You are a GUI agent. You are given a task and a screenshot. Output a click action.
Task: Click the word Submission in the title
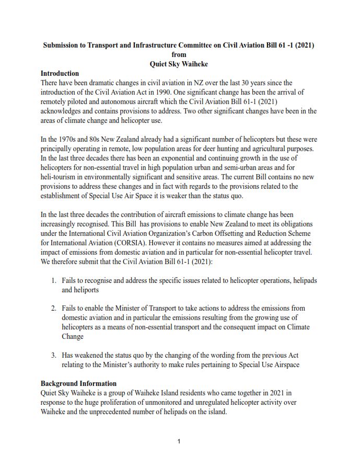pos(62,45)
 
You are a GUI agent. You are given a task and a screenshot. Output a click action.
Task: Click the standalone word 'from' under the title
pos(179,54)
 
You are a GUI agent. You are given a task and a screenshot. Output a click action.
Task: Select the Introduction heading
pos(60,73)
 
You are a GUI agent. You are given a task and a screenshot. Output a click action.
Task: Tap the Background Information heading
pos(78,383)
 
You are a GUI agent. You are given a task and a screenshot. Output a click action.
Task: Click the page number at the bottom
pos(179,441)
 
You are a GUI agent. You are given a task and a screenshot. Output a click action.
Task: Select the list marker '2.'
pos(54,308)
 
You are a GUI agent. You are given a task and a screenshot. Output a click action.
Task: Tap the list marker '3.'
pos(54,355)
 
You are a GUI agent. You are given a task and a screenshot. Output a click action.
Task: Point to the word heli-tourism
pos(60,177)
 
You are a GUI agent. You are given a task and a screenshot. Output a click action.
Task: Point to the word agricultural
pos(276,149)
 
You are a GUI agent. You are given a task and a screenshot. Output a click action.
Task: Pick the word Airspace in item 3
pos(284,365)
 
